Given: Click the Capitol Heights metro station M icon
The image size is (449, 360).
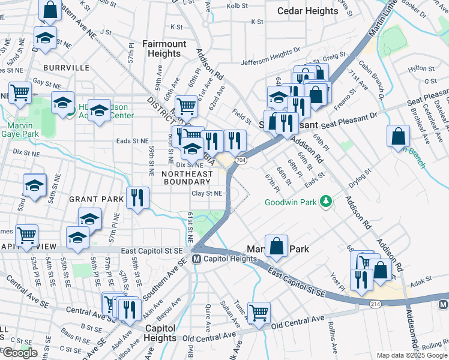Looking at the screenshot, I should click(x=196, y=259).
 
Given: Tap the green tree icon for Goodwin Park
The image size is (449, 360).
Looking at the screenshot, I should click(x=327, y=202).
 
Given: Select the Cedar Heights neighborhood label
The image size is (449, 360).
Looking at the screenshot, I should click(x=308, y=11).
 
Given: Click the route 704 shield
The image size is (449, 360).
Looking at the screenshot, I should click(x=241, y=160).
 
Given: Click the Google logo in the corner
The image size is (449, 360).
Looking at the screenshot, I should click(x=20, y=353).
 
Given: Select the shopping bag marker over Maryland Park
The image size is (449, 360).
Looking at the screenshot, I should click(x=276, y=245).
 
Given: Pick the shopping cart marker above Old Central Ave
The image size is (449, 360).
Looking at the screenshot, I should click(x=259, y=312).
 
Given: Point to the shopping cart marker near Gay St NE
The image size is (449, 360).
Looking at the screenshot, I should click(x=20, y=93).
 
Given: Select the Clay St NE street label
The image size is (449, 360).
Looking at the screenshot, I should click(x=207, y=193).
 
